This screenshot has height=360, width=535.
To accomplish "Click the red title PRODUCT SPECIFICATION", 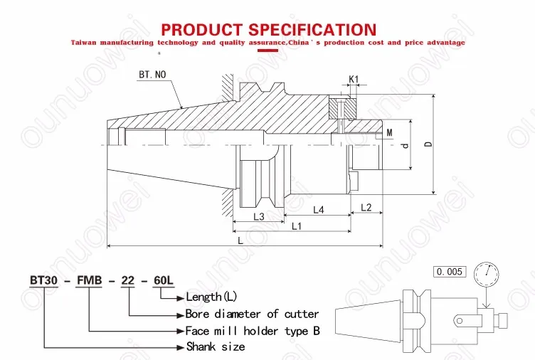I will tap(268, 29).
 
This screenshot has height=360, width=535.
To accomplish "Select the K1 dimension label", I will tap(354, 79).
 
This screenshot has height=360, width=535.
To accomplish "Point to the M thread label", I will tap(389, 133).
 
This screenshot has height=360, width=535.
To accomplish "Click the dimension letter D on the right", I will tap(428, 144).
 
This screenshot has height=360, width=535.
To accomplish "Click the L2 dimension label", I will tap(366, 208).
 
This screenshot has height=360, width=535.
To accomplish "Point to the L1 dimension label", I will tap(297, 226).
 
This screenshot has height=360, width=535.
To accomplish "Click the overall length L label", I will tap(240, 241).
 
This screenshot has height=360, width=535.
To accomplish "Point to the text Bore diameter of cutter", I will tap(252, 314).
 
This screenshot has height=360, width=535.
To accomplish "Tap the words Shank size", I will tap(216, 346).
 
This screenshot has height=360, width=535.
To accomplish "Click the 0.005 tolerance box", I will tap(450, 272).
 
